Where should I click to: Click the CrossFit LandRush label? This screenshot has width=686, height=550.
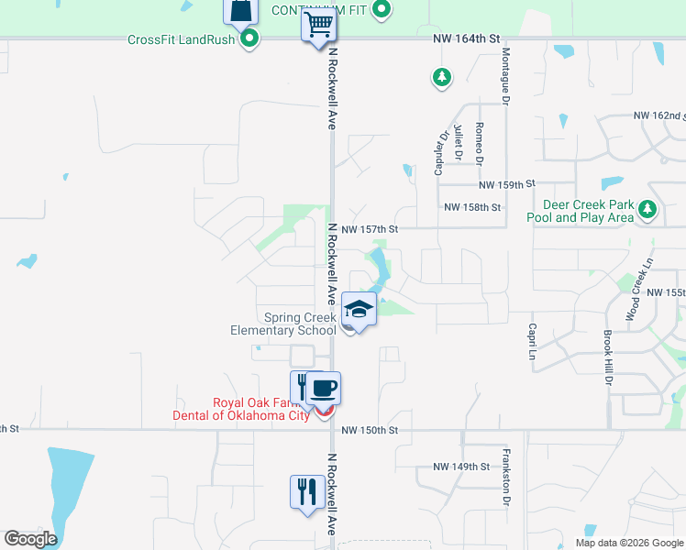pyautogui.click(x=180, y=38)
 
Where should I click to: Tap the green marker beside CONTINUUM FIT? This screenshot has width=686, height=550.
pyautogui.click(x=384, y=11)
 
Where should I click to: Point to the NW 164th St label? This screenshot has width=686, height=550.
pyautogui.click(x=467, y=38)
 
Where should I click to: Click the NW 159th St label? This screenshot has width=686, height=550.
pyautogui.click(x=506, y=184)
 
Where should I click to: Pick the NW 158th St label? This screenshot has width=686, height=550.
pyautogui.click(x=472, y=207)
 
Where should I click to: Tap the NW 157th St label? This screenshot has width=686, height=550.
pyautogui.click(x=370, y=228)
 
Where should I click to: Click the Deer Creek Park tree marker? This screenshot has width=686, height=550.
pyautogui.click(x=647, y=210)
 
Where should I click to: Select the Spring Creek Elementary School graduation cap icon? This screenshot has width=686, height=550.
pyautogui.click(x=359, y=310)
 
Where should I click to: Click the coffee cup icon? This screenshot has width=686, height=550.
pyautogui.click(x=323, y=389)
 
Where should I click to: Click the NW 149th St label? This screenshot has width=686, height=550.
pyautogui.click(x=462, y=467)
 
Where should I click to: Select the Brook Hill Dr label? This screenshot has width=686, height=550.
pyautogui.click(x=607, y=358)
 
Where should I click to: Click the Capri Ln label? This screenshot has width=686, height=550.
pyautogui.click(x=531, y=341)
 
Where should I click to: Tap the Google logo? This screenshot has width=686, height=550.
pyautogui.click(x=30, y=539)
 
